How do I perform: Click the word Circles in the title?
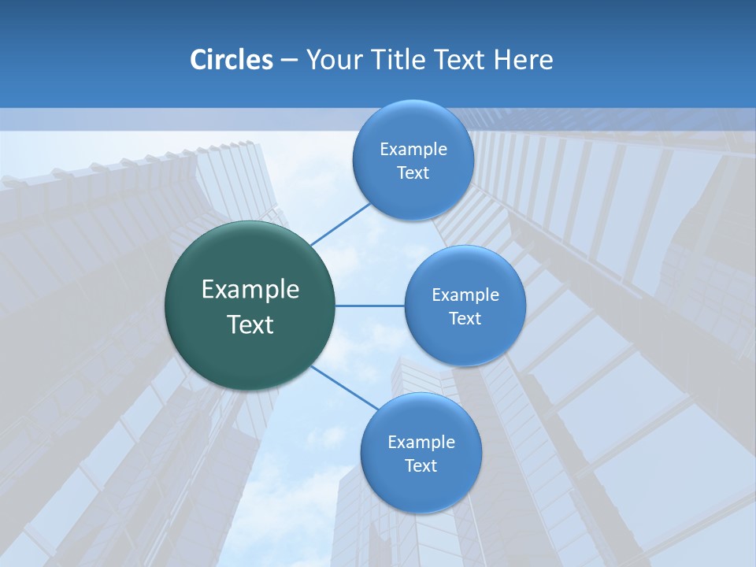tap(231, 60)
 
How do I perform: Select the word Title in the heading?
tap(398, 60)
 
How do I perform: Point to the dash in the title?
tap(289, 61)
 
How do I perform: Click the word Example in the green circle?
tap(250, 290)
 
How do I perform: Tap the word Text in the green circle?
tap(250, 324)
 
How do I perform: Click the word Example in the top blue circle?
tap(413, 150)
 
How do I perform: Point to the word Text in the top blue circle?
tap(413, 173)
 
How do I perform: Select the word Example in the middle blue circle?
tap(465, 295)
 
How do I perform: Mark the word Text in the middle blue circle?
tap(465, 319)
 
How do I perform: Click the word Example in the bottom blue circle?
tap(421, 443)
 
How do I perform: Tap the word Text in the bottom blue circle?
tap(421, 466)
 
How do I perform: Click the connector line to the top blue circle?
tap(340, 224)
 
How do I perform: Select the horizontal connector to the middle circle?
tap(370, 306)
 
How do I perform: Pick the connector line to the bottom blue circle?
tap(344, 387)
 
